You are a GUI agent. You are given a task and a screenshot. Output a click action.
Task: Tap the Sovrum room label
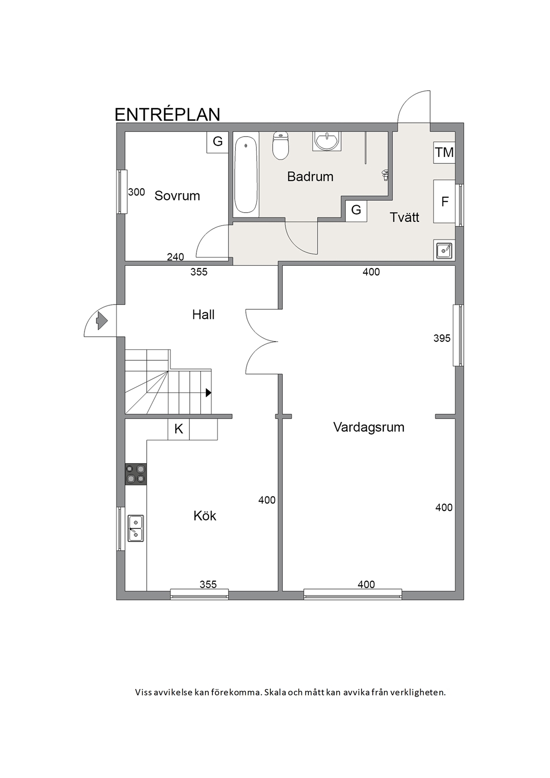pos(177,196)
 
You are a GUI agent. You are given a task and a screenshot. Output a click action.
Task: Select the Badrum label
pos(310,177)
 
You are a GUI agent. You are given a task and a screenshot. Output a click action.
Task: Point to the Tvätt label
pos(404,218)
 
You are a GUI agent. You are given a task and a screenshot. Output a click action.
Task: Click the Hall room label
pos(203,315)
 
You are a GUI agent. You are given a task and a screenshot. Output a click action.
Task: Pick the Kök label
pos(205,516)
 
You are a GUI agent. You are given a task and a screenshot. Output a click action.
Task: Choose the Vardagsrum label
pos(369,427)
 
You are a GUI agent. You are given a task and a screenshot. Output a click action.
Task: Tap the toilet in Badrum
pos(281,146)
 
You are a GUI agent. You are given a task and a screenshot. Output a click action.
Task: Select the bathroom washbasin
pos(326,141)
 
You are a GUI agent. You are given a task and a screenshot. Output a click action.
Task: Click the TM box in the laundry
pos(444,152)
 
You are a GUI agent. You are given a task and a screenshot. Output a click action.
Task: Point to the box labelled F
pos(444,201)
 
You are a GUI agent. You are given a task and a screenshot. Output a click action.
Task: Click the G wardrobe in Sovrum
pos(218,142)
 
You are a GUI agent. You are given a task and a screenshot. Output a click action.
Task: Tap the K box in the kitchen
pos(179,429)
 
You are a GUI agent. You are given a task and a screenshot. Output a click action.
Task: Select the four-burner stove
pos(136,474)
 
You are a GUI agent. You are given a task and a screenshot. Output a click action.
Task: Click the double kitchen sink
pos(136,528)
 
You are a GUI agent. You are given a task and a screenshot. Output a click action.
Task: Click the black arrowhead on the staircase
pos(208,393)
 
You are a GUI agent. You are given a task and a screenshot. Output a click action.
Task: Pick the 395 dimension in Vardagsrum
pos(442,338)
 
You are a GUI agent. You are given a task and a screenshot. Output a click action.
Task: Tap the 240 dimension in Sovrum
pos(175,257)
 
